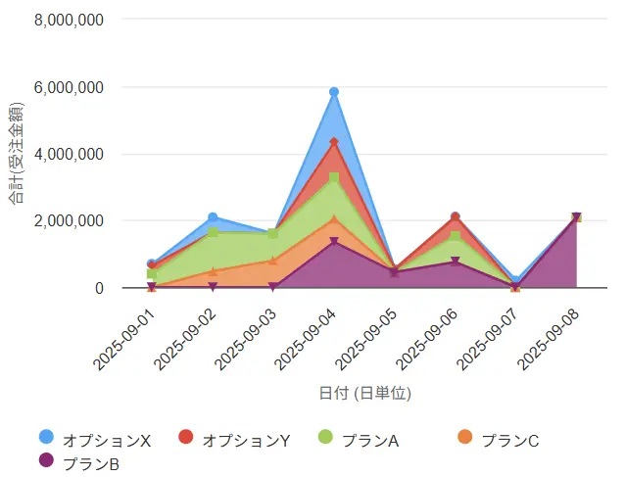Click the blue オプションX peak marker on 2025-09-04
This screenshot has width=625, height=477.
(x=334, y=92)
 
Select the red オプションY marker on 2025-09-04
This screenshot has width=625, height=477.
(x=334, y=142)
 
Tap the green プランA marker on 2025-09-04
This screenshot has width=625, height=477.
(x=334, y=177)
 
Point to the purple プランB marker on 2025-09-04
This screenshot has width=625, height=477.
(x=334, y=242)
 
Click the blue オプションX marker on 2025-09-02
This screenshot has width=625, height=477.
(x=213, y=217)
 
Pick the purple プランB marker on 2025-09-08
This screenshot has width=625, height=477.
(x=576, y=217)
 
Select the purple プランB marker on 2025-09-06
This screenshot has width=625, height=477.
(x=455, y=262)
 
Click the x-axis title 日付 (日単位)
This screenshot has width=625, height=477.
(x=364, y=393)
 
